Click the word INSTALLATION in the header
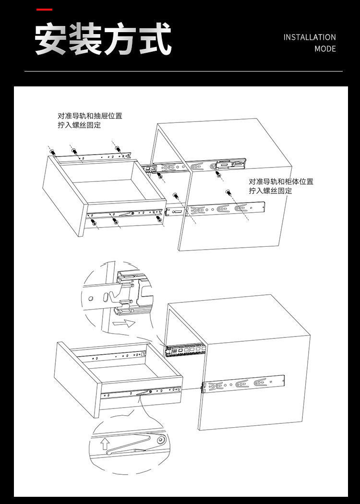[309, 37]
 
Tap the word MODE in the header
[325, 49]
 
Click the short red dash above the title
[45, 10]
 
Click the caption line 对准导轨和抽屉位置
[90, 116]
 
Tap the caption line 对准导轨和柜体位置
[281, 182]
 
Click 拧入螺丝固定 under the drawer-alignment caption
[79, 125]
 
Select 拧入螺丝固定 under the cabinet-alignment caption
[270, 191]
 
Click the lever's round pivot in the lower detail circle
[160, 439]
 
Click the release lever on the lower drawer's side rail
[143, 393]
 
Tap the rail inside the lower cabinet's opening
[185, 350]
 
